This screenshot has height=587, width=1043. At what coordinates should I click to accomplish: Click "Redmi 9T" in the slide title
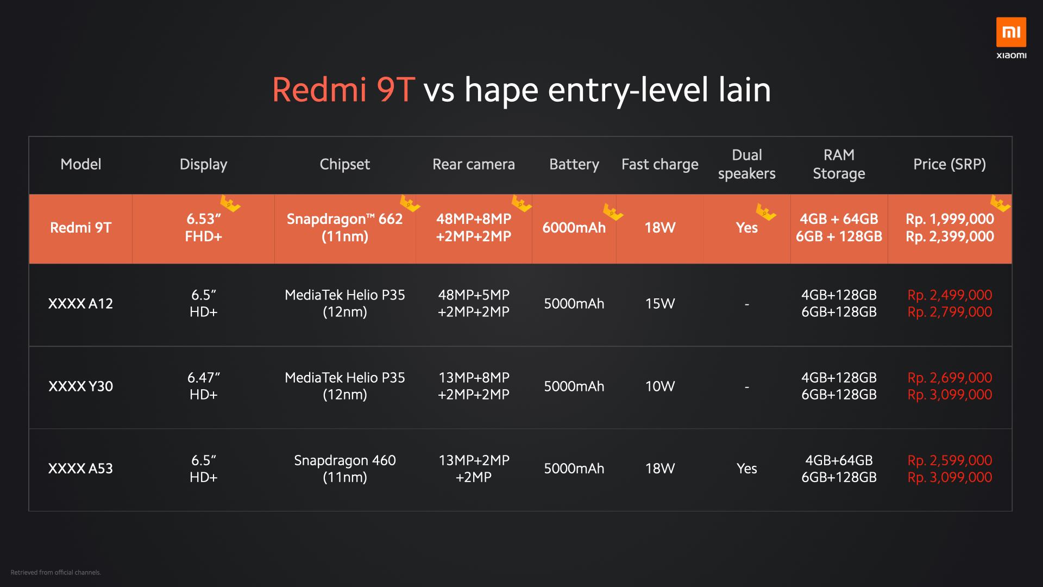point(343,90)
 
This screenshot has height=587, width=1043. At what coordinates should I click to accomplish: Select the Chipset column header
point(344,164)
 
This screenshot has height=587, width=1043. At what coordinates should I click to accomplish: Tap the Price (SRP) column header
point(949,164)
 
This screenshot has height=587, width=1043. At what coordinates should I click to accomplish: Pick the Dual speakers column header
point(746,164)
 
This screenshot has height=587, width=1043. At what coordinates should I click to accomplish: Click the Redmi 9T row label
point(80,228)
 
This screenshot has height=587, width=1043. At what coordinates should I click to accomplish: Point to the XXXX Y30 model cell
point(80,386)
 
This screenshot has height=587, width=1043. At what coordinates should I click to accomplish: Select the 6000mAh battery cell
point(574,228)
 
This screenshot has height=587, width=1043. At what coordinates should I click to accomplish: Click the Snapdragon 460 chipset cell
point(344,469)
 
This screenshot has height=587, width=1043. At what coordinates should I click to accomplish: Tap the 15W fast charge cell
point(659,303)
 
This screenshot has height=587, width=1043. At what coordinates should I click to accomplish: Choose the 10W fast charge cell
point(659,386)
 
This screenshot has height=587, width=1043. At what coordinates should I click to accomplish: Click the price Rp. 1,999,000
point(949,219)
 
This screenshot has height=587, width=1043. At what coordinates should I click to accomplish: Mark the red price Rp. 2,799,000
point(949,312)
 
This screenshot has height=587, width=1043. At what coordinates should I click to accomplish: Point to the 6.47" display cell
point(203,386)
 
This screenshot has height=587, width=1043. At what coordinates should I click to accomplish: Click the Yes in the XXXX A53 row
point(746,469)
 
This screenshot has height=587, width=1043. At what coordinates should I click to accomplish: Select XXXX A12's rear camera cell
point(473,303)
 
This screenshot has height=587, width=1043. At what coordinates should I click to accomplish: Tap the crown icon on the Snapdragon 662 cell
point(410,204)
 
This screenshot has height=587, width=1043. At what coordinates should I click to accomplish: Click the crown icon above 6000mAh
point(613,212)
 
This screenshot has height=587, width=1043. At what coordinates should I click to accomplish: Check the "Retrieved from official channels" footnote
point(55,572)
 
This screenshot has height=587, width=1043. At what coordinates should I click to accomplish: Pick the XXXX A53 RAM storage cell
point(838,469)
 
